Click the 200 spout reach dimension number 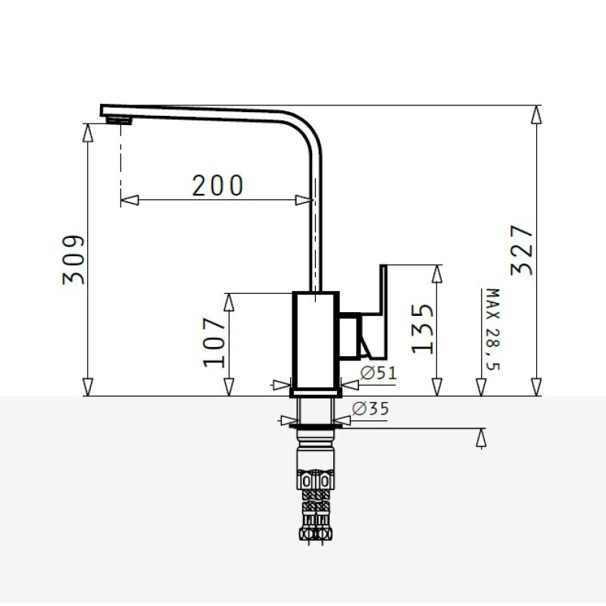217,186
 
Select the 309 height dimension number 73,260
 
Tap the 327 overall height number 522,251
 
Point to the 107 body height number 214,342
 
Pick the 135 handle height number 423,329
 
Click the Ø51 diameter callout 378,373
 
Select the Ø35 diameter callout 370,408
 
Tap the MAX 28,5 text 492,330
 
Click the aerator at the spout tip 120,120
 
